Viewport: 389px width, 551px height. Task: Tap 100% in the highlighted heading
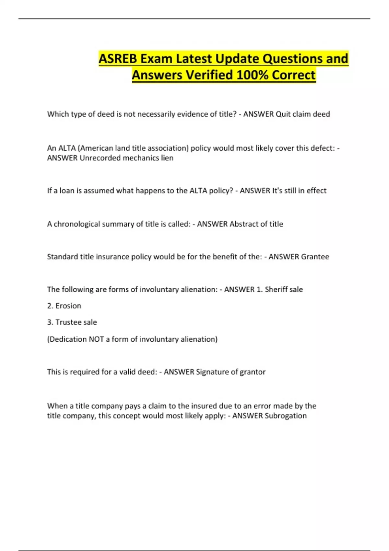click(x=251, y=75)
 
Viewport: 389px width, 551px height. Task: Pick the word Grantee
click(x=315, y=257)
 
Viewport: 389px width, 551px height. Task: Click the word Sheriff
click(x=275, y=289)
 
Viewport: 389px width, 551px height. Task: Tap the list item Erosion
click(x=68, y=306)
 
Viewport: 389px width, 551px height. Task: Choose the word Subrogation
click(x=285, y=416)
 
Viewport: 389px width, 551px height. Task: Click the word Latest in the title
click(x=194, y=59)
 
